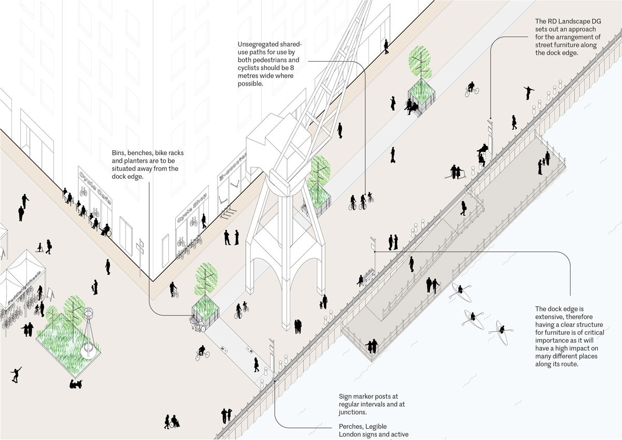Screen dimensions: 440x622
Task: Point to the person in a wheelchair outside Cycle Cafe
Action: (x=106, y=231)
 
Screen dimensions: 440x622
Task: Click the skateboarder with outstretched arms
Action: (x=17, y=374)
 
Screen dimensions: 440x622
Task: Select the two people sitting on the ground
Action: (x=77, y=384)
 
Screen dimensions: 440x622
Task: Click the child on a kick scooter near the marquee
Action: (x=38, y=248)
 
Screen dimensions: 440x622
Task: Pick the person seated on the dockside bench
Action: (x=361, y=280)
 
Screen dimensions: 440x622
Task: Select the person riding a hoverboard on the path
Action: (x=393, y=154)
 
